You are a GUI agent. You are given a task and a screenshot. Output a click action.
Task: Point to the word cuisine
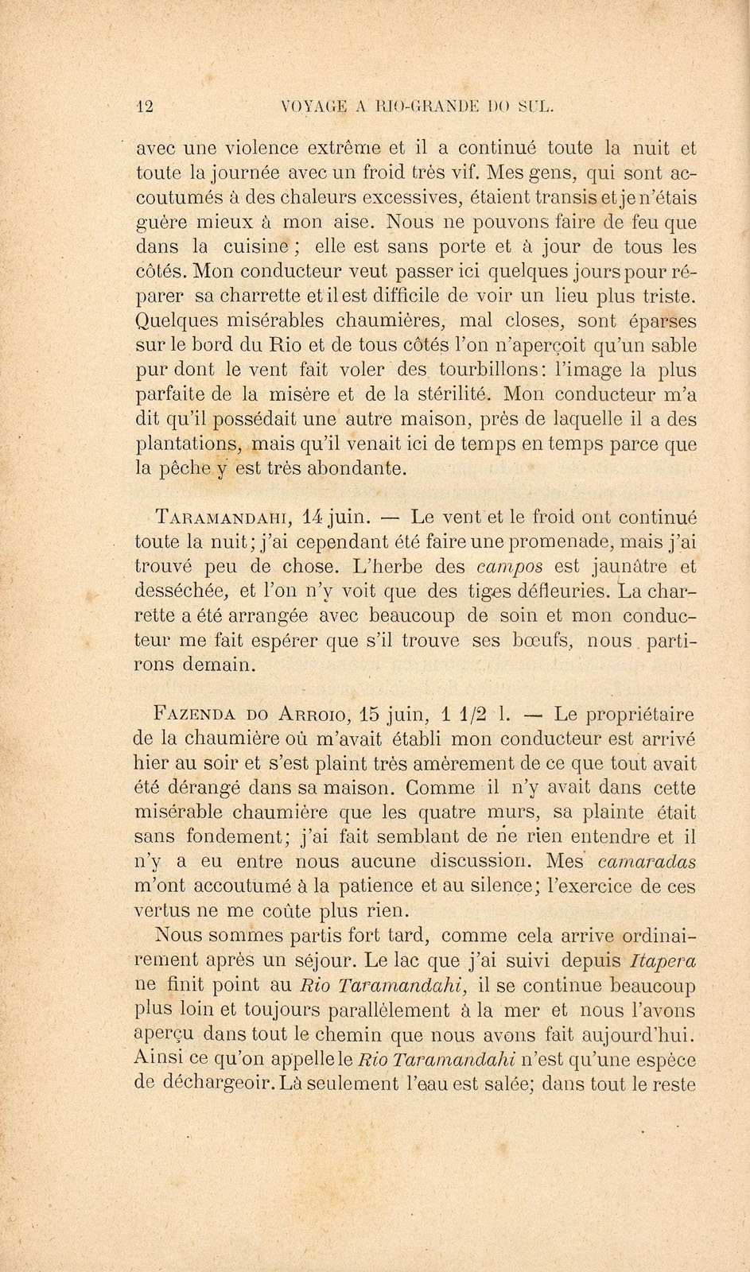pyautogui.click(x=255, y=246)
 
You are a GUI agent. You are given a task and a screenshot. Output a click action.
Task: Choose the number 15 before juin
pyautogui.click(x=371, y=714)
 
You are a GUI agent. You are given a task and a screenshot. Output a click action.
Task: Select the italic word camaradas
pyautogui.click(x=646, y=862)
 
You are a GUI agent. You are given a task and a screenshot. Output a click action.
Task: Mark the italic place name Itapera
pyautogui.click(x=663, y=960)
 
